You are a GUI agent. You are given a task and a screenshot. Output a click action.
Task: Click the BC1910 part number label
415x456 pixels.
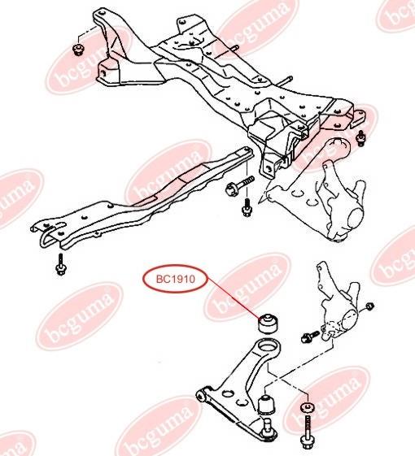[x=175, y=280]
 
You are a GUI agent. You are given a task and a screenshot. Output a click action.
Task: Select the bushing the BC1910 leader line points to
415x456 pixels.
[x=268, y=324]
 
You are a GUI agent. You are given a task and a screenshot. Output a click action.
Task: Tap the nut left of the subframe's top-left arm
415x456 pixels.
[x=77, y=50]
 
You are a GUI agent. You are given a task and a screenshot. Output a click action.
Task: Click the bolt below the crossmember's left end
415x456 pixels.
[x=60, y=264]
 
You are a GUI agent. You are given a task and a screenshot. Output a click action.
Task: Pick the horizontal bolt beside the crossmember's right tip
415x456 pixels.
[x=239, y=185]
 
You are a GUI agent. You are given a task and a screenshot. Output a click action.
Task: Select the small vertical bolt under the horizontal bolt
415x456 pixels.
[x=247, y=207]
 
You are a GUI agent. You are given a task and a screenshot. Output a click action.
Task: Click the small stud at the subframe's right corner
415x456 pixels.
[x=361, y=138]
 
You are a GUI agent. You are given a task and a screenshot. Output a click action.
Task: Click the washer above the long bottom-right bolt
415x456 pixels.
[x=307, y=407]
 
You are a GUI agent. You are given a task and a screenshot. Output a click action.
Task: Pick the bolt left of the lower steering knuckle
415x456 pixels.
[x=311, y=337]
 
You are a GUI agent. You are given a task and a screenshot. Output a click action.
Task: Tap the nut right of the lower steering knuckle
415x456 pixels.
[x=369, y=306]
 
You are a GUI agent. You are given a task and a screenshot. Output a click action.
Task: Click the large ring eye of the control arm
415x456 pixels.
[x=267, y=347]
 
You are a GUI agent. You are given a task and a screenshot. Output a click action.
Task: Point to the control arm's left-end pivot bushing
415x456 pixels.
[x=201, y=396]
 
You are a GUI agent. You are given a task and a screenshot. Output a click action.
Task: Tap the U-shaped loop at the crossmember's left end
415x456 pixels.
[x=46, y=235]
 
